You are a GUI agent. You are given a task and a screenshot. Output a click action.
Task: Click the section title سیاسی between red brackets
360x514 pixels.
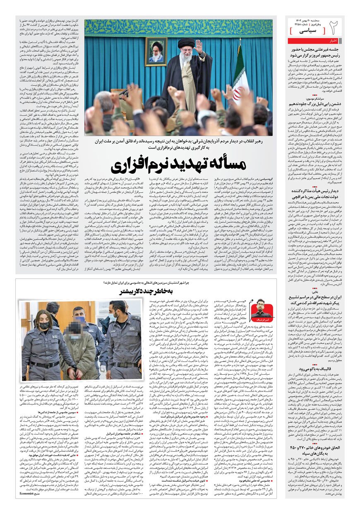(x=307, y=31)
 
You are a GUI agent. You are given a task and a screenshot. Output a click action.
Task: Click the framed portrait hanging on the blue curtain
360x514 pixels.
(x=156, y=52)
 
